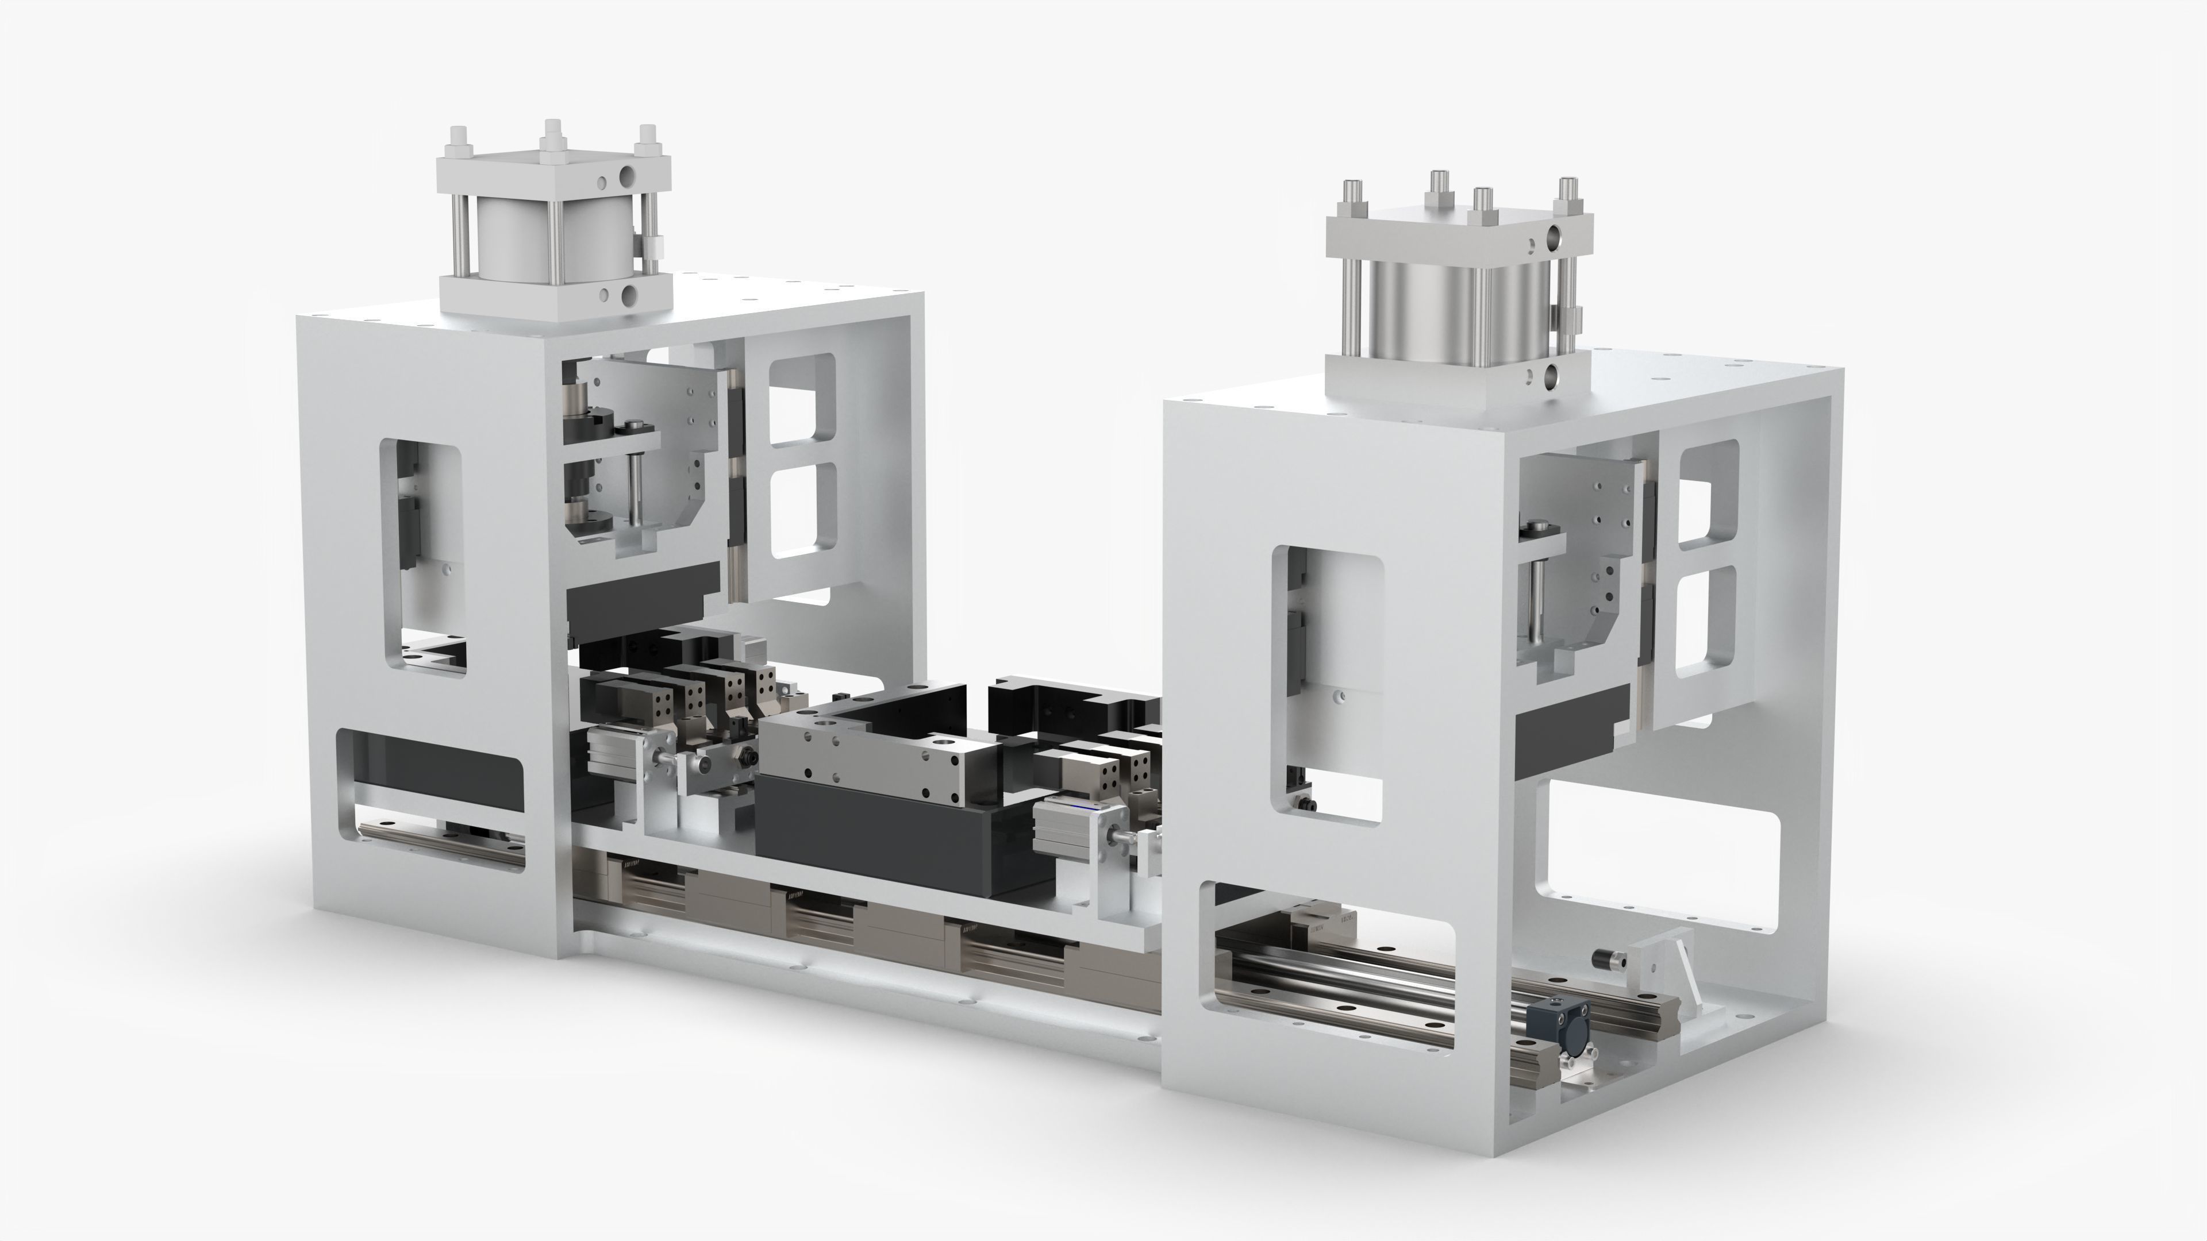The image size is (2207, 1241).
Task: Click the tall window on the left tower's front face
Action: pyautogui.click(x=422, y=557)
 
